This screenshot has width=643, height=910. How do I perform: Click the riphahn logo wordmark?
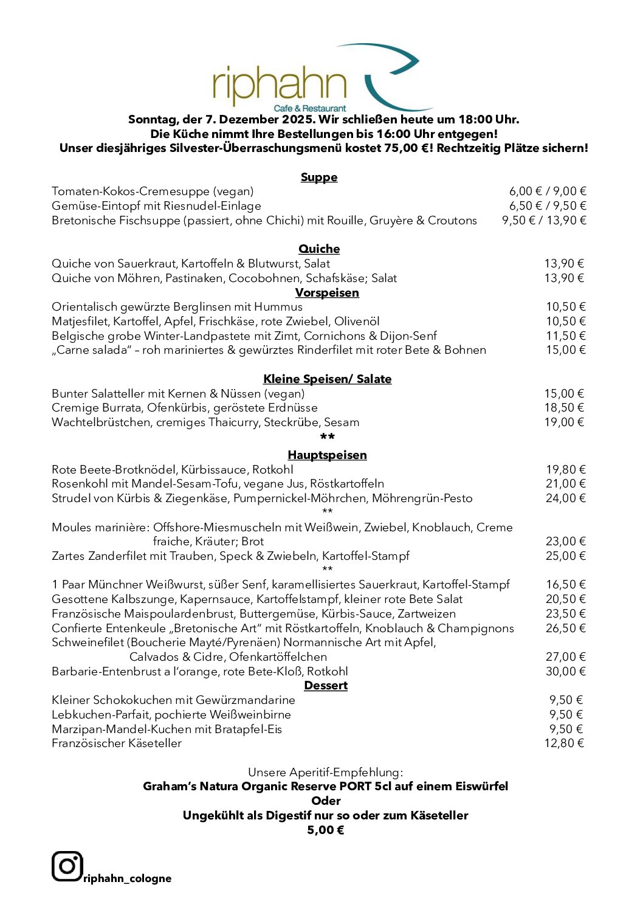279,85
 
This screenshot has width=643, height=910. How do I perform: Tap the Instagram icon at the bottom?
67,866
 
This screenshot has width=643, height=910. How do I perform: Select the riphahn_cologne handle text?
128,878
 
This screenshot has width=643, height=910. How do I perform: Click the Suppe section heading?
319,178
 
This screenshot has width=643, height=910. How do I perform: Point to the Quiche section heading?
319,249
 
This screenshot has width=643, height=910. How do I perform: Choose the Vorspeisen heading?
327,293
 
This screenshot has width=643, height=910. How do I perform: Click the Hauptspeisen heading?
327,455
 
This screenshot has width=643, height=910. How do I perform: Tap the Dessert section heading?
326,686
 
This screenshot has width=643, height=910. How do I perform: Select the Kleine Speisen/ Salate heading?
327,379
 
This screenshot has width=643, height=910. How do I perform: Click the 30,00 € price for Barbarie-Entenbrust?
565,672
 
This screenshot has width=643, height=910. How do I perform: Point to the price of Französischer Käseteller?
563,743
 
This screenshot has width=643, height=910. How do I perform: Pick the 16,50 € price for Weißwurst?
565,585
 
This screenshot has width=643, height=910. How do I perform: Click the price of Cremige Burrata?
563,408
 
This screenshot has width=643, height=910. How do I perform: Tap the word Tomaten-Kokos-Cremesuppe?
131,191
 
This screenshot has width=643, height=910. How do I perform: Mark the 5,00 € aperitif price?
326,830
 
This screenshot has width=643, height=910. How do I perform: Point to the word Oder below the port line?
326,801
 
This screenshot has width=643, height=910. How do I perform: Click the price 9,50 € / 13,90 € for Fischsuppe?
544,221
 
